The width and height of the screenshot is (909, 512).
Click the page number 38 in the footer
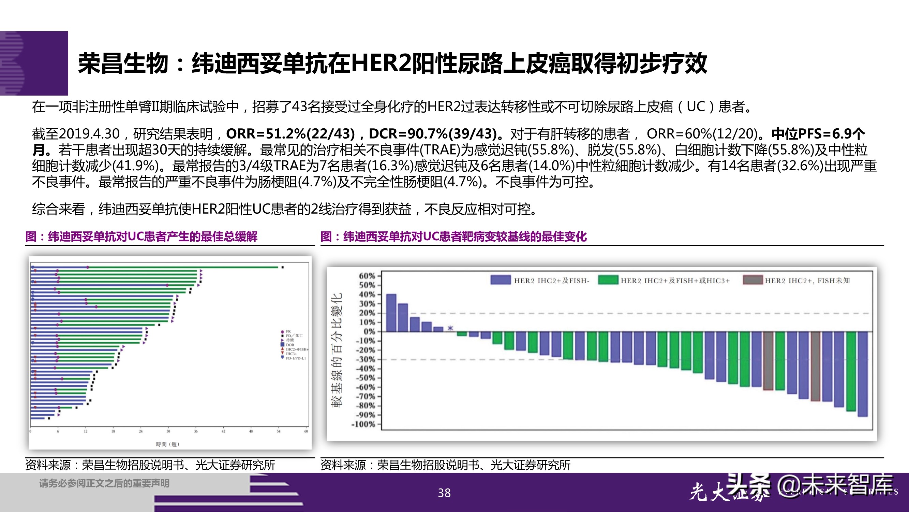click(x=444, y=493)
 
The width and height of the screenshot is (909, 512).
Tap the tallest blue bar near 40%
click(x=391, y=313)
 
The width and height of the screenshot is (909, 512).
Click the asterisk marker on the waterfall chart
click(x=450, y=328)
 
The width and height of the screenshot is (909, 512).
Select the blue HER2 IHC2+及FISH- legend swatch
click(x=501, y=280)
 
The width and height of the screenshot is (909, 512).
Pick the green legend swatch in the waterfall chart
click(x=608, y=280)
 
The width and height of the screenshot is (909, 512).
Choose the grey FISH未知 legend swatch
click(x=752, y=280)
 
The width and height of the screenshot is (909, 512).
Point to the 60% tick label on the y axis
click(x=367, y=276)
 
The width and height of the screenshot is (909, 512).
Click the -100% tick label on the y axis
click(x=363, y=424)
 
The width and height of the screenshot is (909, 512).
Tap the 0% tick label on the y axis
click(x=369, y=331)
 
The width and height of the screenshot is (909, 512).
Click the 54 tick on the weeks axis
click(x=279, y=431)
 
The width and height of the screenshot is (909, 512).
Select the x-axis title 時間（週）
click(x=168, y=444)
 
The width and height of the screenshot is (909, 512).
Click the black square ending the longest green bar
click(x=282, y=268)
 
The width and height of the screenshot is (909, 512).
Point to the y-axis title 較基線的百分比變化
click(x=336, y=350)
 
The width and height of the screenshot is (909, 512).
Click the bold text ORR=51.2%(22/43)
click(x=290, y=134)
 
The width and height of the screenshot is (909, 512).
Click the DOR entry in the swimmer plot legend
click(x=290, y=345)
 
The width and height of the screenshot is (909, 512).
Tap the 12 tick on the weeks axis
click(x=85, y=431)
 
